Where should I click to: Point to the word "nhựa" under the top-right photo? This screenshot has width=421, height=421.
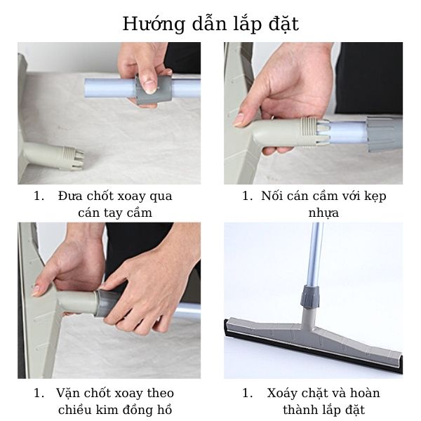pyautogui.click(x=323, y=212)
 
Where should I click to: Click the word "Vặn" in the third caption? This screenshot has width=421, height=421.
pyautogui.click(x=69, y=393)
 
